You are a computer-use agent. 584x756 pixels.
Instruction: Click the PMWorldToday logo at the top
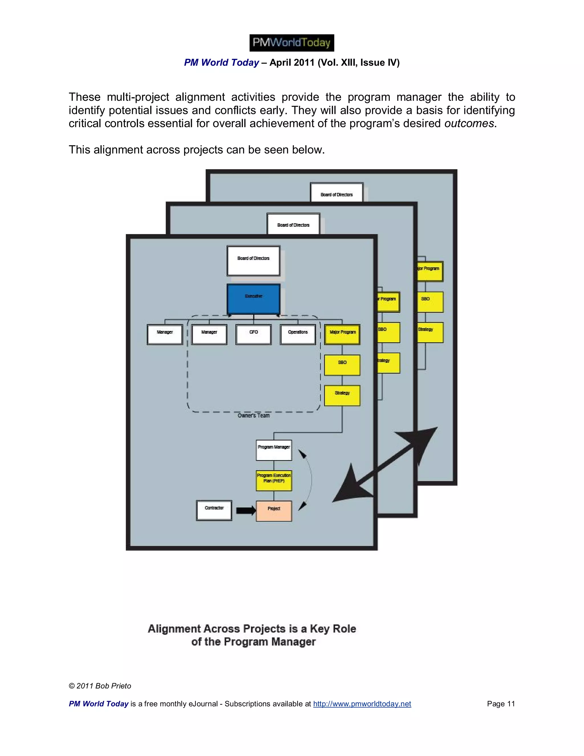pyautogui.click(x=292, y=43)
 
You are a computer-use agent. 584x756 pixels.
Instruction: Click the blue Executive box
pyautogui.click(x=254, y=299)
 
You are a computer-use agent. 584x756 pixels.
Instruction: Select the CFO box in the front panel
pyautogui.click(x=254, y=334)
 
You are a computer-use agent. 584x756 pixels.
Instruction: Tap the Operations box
pyautogui.click(x=298, y=334)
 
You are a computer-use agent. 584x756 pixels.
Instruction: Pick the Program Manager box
pyautogui.click(x=274, y=450)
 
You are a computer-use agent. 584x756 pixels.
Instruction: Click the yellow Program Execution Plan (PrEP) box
pyautogui.click(x=274, y=480)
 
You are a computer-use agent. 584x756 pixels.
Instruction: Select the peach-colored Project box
pyautogui.click(x=274, y=511)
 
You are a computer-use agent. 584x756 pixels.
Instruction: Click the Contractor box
pyautogui.click(x=214, y=511)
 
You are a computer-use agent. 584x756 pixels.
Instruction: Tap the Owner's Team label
pyautogui.click(x=254, y=415)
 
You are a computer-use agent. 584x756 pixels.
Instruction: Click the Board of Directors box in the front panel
pyautogui.click(x=254, y=261)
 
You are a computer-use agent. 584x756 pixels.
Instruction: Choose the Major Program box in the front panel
pyautogui.click(x=342, y=334)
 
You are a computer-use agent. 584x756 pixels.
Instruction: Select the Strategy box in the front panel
pyautogui.click(x=342, y=395)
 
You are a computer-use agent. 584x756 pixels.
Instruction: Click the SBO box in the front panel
pyautogui.click(x=342, y=365)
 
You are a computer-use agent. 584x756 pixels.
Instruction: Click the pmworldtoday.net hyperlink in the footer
pyautogui.click(x=362, y=704)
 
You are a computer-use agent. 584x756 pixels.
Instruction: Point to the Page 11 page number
pyautogui.click(x=501, y=704)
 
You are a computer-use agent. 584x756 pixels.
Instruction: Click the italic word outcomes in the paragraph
pyautogui.click(x=469, y=124)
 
